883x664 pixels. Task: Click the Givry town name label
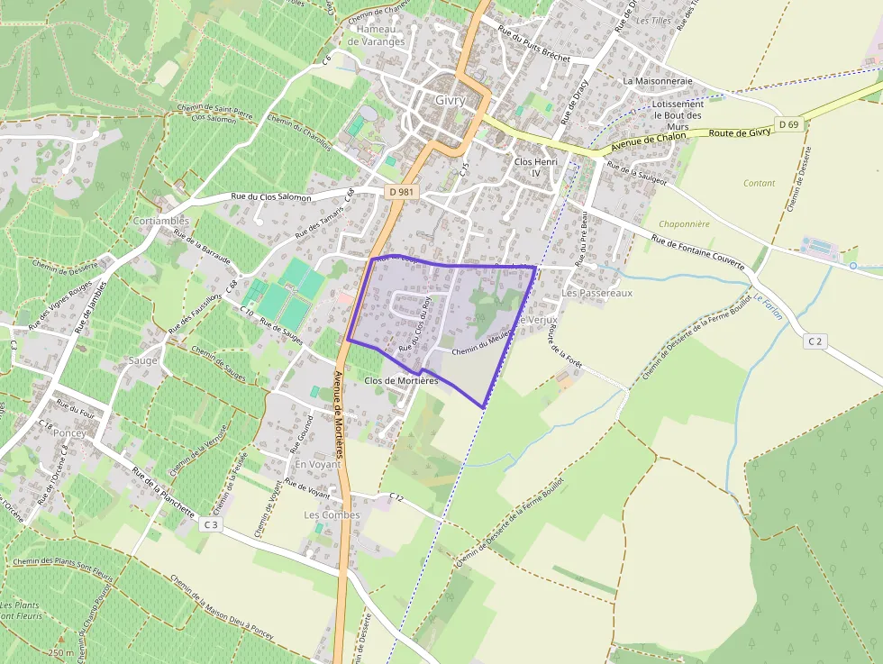[450, 100]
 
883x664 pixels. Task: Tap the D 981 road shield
[402, 191]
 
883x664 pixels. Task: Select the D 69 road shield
[789, 123]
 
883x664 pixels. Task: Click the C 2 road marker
[815, 341]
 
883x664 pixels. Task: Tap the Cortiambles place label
[160, 221]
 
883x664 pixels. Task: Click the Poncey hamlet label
[69, 432]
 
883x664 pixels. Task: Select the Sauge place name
[142, 360]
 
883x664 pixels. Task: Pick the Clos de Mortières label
[401, 381]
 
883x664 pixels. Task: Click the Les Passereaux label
[596, 294]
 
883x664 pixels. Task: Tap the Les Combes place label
[332, 515]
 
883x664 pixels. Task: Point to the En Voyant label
[318, 464]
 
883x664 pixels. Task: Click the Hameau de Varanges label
[376, 35]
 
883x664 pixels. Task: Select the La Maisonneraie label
[658, 80]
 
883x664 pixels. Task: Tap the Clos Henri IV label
[536, 168]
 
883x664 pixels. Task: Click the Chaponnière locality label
[685, 224]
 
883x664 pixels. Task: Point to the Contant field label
[759, 183]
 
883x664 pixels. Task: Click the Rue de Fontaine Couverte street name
[697, 251]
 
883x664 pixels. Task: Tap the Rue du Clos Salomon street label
[271, 196]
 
